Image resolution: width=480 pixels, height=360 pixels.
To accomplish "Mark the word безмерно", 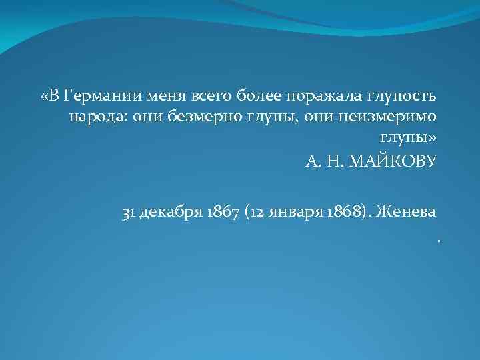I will pyautogui.click(x=193, y=117).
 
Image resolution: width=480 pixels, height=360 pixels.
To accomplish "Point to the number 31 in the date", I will pyautogui.click(x=129, y=212).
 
